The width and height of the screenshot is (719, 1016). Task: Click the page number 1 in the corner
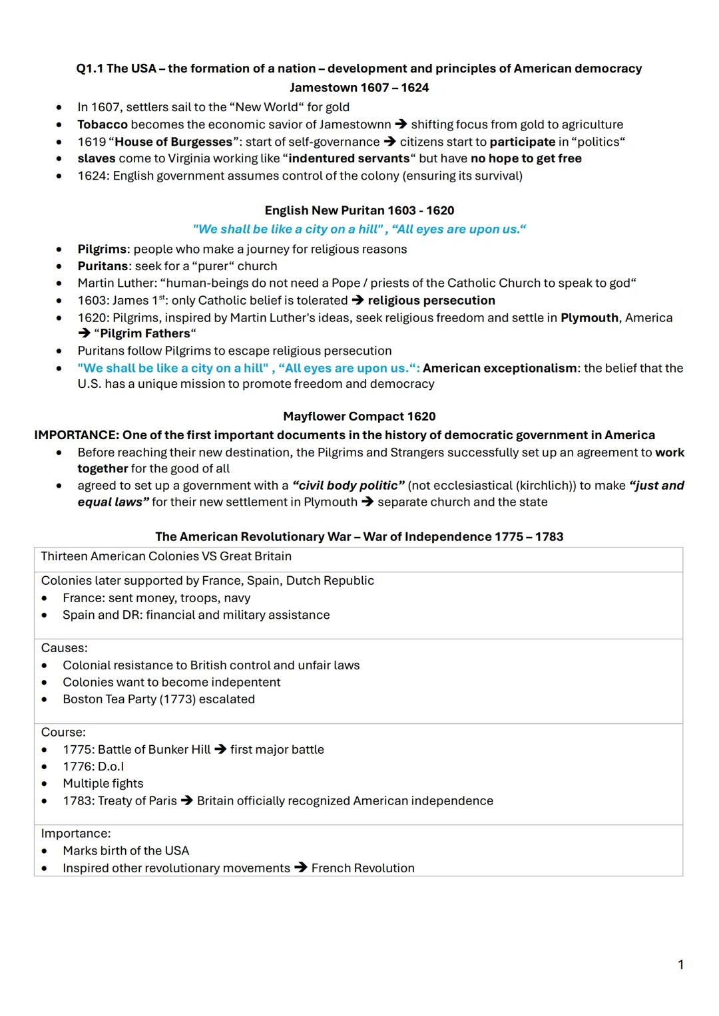tap(680, 965)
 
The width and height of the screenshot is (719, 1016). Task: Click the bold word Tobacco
tap(102, 124)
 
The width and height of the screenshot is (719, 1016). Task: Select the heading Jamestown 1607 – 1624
tap(359, 88)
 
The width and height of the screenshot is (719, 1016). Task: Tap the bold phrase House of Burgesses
tap(174, 142)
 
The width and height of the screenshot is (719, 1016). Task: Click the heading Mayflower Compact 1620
tap(359, 417)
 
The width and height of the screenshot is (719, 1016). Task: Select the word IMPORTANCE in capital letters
tap(76, 435)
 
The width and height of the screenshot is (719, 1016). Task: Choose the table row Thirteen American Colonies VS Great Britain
tap(166, 556)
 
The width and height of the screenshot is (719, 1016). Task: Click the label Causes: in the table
tap(64, 648)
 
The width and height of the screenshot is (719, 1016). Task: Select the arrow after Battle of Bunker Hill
tap(220, 750)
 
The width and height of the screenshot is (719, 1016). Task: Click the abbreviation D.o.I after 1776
tap(111, 766)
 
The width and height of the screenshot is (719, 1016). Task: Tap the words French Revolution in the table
tap(363, 868)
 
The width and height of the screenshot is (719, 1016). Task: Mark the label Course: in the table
tap(63, 733)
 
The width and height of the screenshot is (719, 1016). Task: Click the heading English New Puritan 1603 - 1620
tap(359, 211)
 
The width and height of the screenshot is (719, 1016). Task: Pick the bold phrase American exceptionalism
tap(500, 369)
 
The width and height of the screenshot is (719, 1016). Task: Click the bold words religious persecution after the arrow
tap(431, 301)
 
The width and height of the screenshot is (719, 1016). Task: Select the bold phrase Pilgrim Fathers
tap(144, 334)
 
